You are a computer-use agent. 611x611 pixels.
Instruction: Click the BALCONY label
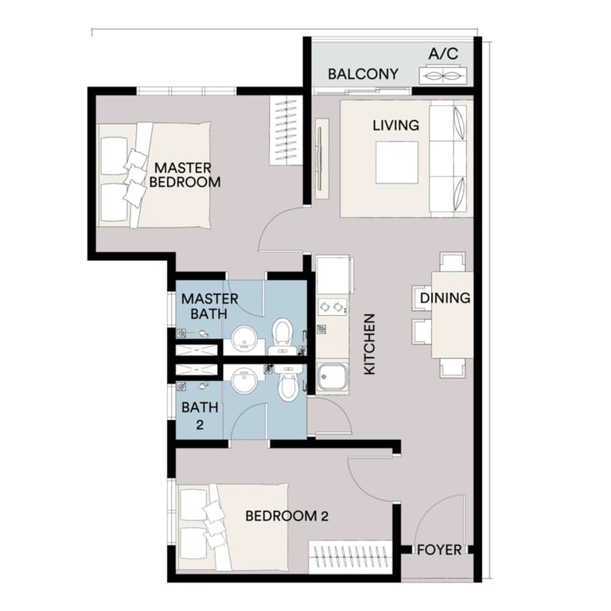tap(363, 74)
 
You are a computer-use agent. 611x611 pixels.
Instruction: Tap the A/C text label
tap(443, 54)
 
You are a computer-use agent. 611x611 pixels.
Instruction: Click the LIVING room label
tap(395, 125)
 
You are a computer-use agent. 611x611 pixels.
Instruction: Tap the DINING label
tap(445, 298)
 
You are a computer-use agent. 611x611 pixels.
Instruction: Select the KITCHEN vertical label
tap(370, 344)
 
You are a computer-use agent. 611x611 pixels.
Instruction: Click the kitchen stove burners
tap(331, 305)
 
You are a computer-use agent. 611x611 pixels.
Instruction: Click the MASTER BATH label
tap(210, 306)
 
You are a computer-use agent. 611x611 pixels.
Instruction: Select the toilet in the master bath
tap(282, 334)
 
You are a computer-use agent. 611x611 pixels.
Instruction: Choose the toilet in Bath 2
tap(289, 386)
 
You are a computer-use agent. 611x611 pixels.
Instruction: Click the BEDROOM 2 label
tap(286, 516)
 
